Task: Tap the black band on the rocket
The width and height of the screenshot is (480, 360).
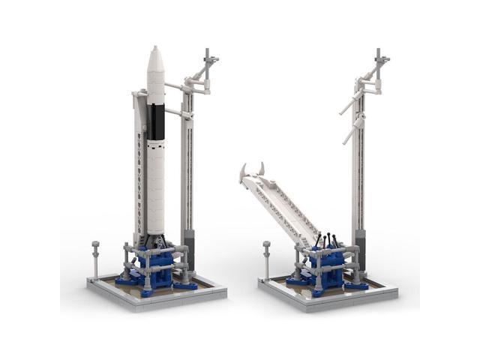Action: (x=156, y=121)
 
